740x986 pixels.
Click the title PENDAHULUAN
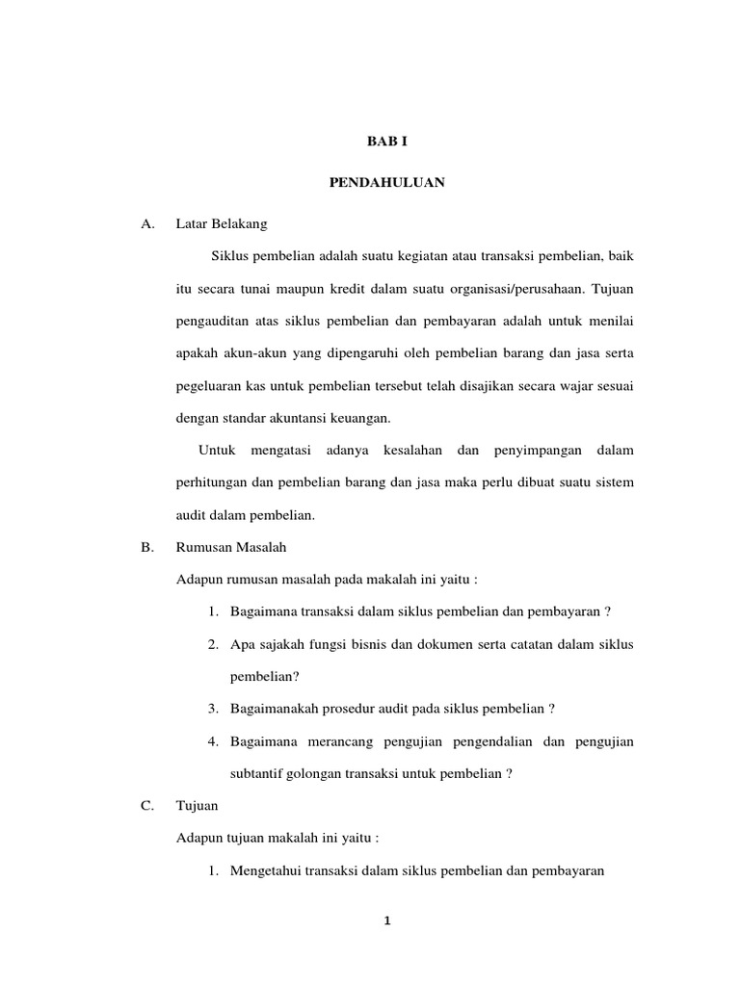click(x=386, y=183)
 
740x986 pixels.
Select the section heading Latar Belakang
click(x=222, y=224)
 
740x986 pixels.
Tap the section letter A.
click(x=147, y=224)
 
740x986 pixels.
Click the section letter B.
click(x=147, y=548)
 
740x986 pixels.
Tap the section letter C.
click(x=147, y=807)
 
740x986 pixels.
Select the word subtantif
click(x=254, y=774)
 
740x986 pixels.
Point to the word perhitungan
click(x=210, y=483)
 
